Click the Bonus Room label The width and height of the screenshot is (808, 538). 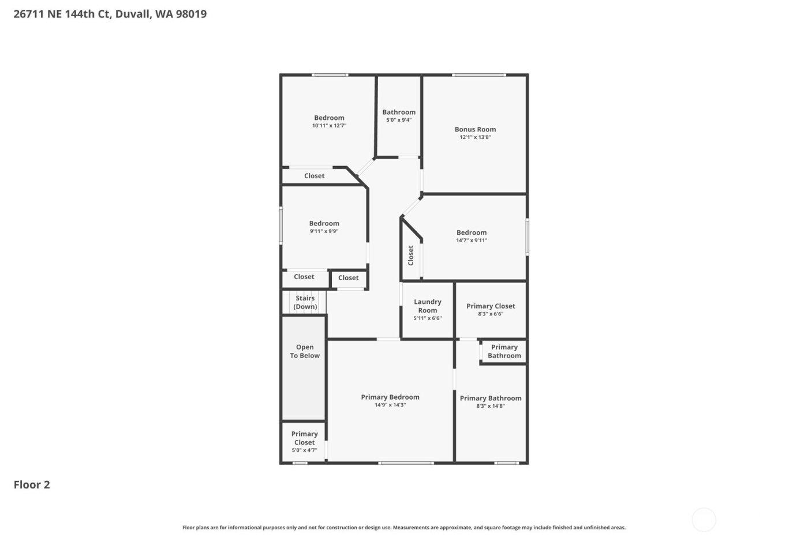475,129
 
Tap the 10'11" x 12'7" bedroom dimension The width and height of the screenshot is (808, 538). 329,126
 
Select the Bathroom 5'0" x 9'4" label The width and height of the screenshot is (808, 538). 399,112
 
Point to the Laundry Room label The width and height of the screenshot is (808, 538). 428,306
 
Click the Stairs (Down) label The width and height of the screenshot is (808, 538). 305,302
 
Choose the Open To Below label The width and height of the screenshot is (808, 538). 305,351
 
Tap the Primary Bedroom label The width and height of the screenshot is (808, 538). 390,397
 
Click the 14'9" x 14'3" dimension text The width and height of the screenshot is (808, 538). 390,405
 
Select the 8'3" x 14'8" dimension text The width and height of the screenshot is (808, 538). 491,406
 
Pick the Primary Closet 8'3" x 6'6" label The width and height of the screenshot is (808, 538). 491,306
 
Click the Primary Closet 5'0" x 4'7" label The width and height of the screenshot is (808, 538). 304,438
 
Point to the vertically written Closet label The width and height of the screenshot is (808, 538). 411,255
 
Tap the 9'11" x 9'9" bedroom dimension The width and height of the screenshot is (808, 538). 324,231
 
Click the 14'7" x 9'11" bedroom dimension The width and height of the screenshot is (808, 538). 472,240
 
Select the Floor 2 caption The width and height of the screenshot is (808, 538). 32,484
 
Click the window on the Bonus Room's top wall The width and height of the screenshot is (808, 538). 479,75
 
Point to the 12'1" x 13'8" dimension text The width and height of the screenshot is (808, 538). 475,137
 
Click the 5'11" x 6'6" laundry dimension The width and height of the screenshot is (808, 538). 428,318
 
